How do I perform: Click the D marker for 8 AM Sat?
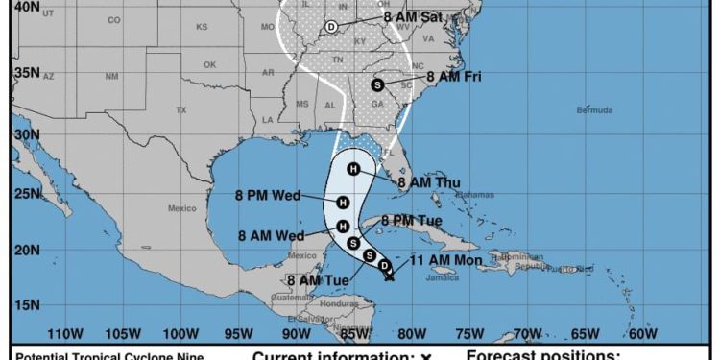point(331,27)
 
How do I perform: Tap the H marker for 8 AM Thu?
point(353,170)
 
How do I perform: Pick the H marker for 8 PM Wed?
point(342,202)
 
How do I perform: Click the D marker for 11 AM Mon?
point(384,265)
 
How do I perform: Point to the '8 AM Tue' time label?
point(318,279)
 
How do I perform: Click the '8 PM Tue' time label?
point(411,220)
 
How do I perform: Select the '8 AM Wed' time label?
point(271,235)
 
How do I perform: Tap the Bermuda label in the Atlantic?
point(594,110)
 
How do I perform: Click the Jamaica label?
point(443,278)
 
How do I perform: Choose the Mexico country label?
point(182,207)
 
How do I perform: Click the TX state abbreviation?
point(180,110)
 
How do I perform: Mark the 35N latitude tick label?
point(26,72)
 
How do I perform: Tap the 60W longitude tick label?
point(642,334)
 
